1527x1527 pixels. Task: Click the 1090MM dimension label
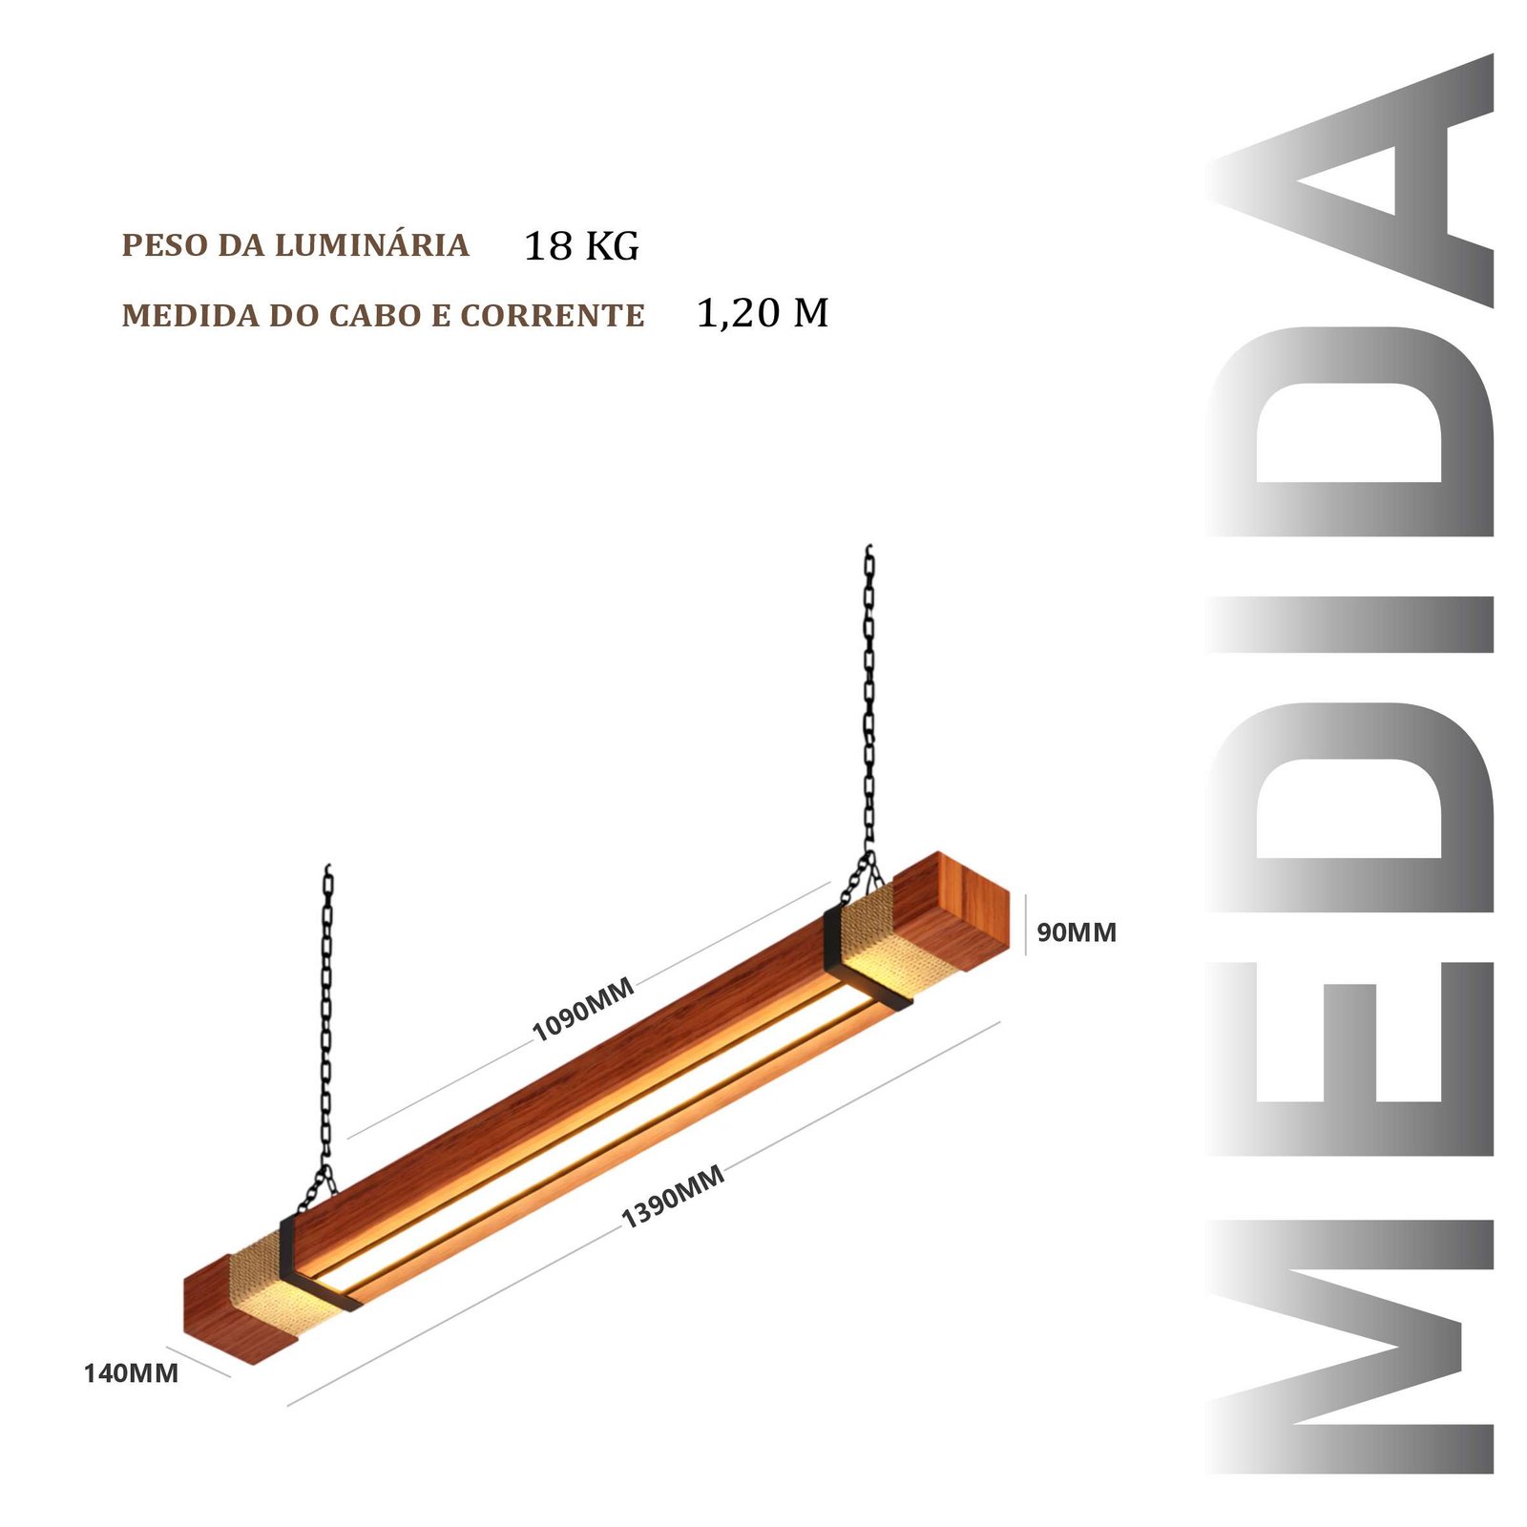[583, 1010]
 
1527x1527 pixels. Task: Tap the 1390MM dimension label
[673, 1196]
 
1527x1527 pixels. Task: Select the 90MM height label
[1077, 932]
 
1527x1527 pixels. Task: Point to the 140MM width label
[131, 1373]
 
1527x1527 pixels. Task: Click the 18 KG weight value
[581, 246]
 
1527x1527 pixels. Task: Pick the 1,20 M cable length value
[763, 313]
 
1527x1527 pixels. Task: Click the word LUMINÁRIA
[371, 244]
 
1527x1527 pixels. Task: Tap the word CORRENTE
[553, 315]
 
